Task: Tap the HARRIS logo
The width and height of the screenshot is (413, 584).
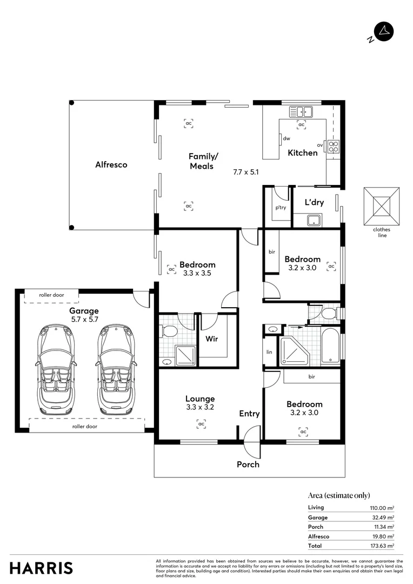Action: tap(41, 568)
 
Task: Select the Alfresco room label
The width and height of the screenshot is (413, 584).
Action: tap(111, 164)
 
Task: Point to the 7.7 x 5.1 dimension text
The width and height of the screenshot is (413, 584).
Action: tap(247, 172)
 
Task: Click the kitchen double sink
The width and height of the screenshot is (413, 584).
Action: tap(301, 112)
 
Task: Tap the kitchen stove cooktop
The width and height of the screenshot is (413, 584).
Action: tap(334, 145)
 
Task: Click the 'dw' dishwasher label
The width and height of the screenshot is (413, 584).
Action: tap(287, 138)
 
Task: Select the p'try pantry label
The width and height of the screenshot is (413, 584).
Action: tap(280, 208)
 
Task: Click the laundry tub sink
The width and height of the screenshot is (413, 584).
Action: tap(314, 220)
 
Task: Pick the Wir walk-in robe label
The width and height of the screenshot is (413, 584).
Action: tap(211, 340)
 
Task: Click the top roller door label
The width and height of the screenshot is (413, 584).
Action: tap(51, 295)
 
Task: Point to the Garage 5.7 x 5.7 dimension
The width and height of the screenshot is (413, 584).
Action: tap(84, 320)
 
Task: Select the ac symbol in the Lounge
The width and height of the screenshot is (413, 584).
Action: tap(201, 424)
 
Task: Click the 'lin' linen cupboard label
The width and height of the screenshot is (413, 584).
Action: tap(270, 351)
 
